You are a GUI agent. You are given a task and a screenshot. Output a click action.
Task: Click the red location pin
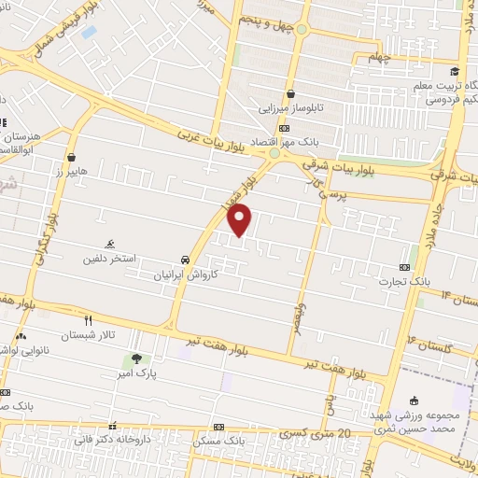pos(241,220)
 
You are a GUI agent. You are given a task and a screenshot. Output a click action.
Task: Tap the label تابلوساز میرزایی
pos(291,108)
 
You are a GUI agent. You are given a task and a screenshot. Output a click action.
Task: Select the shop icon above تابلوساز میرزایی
pos(291,94)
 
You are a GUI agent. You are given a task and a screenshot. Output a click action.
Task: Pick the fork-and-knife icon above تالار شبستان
pos(89,319)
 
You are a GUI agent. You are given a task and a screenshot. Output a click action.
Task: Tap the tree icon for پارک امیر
pos(137,358)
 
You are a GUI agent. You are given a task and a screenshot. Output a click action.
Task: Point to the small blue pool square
pos(89,31)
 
